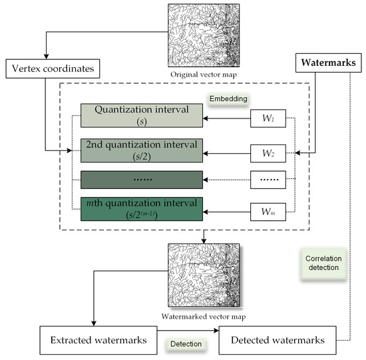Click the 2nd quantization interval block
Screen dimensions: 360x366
click(141, 150)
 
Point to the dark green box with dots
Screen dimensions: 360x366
click(141, 180)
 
